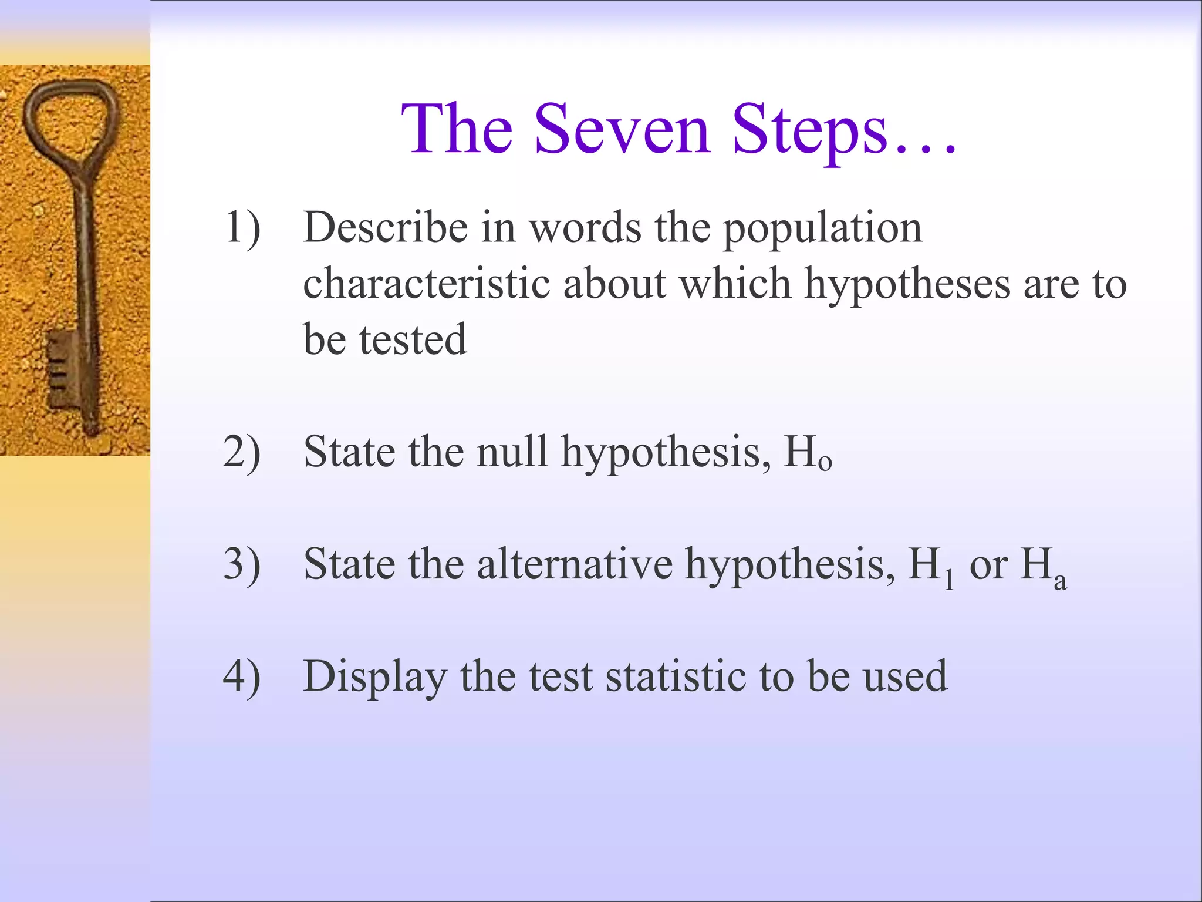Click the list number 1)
pyautogui.click(x=242, y=228)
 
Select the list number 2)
pyautogui.click(x=242, y=452)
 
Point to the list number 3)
pyautogui.click(x=242, y=565)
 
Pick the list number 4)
pyautogui.click(x=242, y=676)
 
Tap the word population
pyautogui.click(x=822, y=229)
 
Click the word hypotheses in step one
pyautogui.click(x=907, y=285)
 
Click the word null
pyautogui.click(x=512, y=452)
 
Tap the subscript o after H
pyautogui.click(x=825, y=464)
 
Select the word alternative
pyautogui.click(x=575, y=565)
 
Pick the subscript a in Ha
pyautogui.click(x=1060, y=581)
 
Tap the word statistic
pyautogui.click(x=676, y=676)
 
